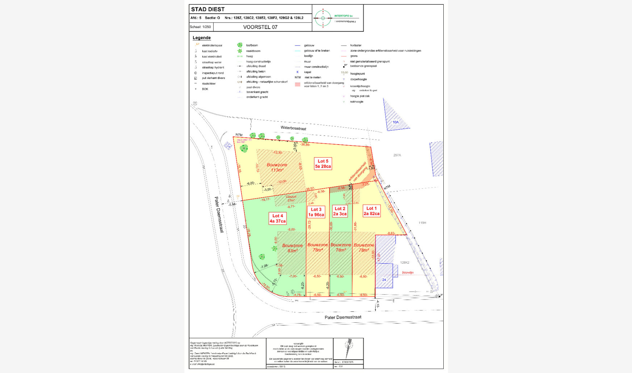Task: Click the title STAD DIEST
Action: [x=208, y=9]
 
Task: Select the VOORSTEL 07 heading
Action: [x=260, y=27]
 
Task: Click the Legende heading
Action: [x=201, y=38]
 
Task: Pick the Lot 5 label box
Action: [x=323, y=164]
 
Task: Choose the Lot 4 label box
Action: [x=277, y=218]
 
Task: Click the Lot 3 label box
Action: [x=316, y=212]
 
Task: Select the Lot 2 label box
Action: [x=340, y=211]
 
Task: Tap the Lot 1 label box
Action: [x=372, y=211]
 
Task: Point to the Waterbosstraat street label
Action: [x=293, y=128]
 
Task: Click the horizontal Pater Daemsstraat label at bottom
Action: [x=343, y=317]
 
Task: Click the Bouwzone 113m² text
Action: [x=277, y=167]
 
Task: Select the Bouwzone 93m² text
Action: [x=292, y=248]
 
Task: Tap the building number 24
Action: [x=384, y=280]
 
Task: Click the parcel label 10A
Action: [x=395, y=122]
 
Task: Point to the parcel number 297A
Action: [x=397, y=155]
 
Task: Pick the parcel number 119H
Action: [x=422, y=223]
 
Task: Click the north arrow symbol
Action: [x=349, y=348]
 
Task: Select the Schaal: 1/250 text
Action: [x=200, y=27]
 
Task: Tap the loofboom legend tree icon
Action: [x=239, y=45]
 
